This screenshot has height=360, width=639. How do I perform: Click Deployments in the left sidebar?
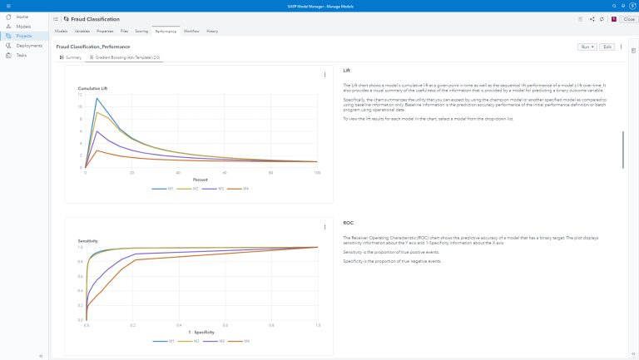tap(28, 46)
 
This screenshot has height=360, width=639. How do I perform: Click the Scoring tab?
tap(141, 31)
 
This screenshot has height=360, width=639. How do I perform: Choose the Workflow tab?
tap(191, 31)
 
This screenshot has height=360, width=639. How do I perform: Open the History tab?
tap(212, 31)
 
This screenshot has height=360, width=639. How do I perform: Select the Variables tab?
tap(82, 31)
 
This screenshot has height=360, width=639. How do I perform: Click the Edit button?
tap(607, 47)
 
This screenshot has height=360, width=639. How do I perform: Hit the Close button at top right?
tap(628, 18)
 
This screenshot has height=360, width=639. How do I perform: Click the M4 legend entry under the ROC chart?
tap(246, 340)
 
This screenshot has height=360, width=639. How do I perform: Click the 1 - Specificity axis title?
tap(201, 332)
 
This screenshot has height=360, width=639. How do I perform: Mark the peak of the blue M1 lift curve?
tap(97, 98)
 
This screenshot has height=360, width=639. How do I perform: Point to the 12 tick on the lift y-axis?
tap(81, 95)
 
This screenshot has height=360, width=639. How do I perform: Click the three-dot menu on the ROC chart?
tap(324, 226)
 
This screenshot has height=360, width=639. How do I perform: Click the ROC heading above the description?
tap(348, 223)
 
